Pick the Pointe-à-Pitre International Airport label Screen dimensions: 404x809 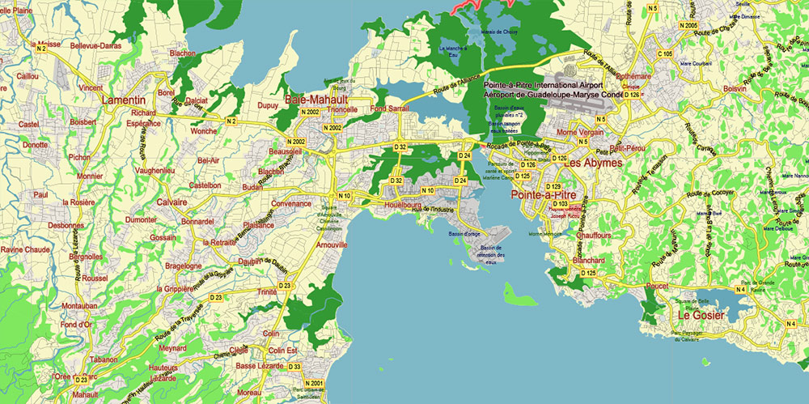[544, 85]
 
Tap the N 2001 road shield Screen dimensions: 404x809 [314, 383]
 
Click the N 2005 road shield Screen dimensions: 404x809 [689, 26]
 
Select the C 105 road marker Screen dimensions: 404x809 [664, 53]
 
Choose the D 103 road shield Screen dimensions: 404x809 [560, 203]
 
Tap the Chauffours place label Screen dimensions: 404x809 [597, 234]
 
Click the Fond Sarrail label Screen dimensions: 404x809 [389, 108]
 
